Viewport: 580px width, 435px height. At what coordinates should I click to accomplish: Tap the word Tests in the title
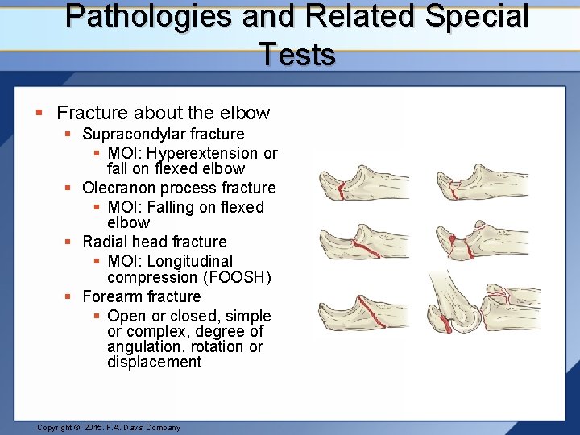[297, 55]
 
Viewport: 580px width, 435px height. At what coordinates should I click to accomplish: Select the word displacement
[154, 362]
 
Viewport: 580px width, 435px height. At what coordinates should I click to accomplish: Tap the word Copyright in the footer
[58, 428]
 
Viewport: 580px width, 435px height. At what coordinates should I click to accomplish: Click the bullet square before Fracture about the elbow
[42, 114]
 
